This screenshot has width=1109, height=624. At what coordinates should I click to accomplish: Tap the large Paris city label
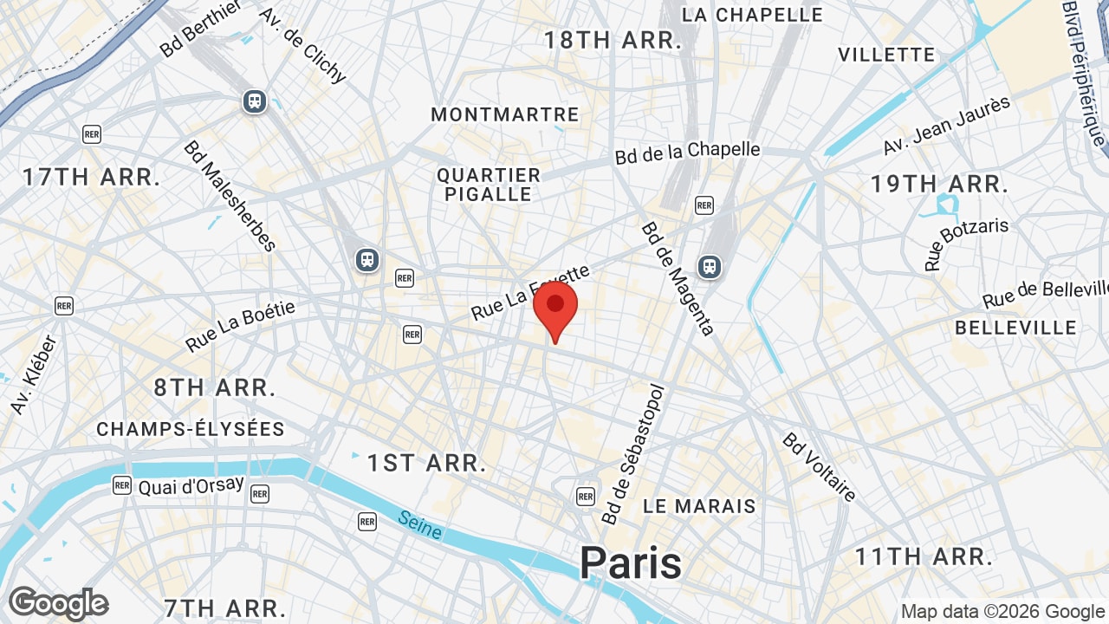(631, 562)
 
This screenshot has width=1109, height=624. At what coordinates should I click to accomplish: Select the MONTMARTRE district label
(505, 114)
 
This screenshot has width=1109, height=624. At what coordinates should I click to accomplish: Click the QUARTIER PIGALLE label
(489, 185)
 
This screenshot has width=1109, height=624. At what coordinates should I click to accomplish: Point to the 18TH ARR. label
(613, 40)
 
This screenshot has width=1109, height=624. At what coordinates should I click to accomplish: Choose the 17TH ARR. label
(91, 178)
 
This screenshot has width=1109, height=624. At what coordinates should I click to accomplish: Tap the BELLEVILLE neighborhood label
(1015, 328)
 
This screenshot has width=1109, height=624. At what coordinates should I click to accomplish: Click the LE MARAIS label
(700, 506)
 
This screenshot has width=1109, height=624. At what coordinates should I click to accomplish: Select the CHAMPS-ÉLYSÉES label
(191, 429)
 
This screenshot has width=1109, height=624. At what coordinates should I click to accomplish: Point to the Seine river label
(420, 524)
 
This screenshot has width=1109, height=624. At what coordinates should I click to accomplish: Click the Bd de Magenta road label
(678, 278)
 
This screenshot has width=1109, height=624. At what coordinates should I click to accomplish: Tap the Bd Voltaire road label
(819, 466)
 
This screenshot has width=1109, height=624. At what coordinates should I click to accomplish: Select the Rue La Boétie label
(240, 326)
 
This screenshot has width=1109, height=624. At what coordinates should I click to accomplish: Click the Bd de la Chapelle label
(688, 153)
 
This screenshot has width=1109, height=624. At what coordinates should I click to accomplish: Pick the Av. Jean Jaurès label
(947, 125)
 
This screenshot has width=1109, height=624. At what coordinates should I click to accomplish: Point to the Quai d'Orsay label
(191, 485)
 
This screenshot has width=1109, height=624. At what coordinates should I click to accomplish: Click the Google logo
(58, 603)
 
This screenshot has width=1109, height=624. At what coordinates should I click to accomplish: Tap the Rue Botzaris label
(966, 244)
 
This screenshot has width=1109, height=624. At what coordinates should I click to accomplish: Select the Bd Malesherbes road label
(230, 195)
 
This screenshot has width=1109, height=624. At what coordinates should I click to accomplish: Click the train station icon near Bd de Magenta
(710, 266)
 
